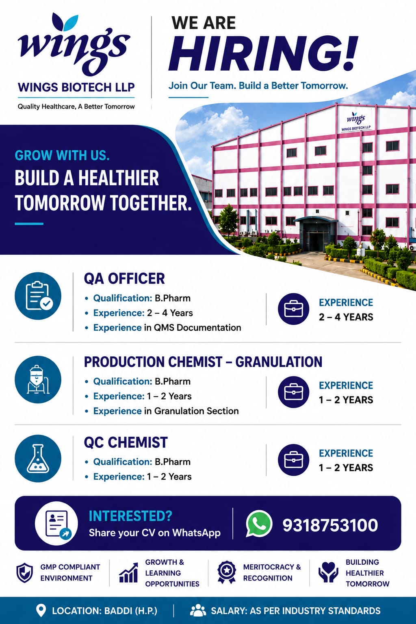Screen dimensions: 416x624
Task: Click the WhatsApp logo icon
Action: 259,524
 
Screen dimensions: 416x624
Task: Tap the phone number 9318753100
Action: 330,525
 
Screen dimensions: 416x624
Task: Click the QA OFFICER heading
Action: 124,279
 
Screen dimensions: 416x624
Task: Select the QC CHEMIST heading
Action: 126,442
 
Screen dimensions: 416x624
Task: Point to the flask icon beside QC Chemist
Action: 38,459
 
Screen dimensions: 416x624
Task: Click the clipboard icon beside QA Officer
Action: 38,296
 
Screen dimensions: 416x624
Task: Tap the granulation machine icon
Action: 38,379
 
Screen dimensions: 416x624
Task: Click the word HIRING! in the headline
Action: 262,53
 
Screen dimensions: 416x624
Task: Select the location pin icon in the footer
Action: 41,611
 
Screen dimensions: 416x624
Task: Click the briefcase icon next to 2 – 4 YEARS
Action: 293,309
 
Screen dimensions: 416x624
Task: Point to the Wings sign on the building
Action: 356,121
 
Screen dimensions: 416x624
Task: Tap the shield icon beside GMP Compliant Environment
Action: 24,573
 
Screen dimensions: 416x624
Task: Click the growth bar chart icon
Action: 128,572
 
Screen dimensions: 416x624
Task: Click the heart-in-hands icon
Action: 328,572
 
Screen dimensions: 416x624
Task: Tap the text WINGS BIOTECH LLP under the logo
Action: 76,87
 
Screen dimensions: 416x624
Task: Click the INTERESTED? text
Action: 130,516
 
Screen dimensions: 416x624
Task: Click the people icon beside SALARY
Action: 198,611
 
